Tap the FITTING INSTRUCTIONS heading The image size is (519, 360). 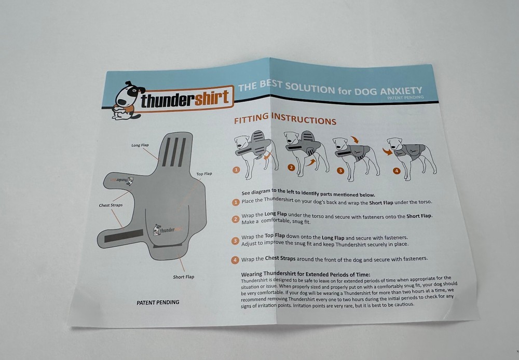click(285, 120)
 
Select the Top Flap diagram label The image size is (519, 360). click(204, 173)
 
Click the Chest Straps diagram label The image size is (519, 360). click(111, 205)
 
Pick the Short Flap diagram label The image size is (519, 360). click(184, 277)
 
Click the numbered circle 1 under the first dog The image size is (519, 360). click(237, 170)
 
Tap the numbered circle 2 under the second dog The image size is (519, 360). click(291, 168)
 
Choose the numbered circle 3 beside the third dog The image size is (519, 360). click(340, 170)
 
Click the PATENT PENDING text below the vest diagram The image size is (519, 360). click(158, 302)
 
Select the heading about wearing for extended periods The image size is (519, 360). click(306, 274)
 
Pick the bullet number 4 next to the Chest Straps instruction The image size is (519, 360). click(236, 259)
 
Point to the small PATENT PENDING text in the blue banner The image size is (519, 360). click(405, 97)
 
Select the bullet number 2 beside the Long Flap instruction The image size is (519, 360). click(236, 218)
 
